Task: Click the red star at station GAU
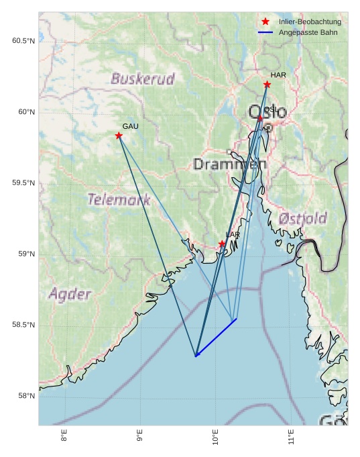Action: tap(119, 136)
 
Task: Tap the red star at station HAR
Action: tap(267, 85)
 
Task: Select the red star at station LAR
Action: tap(222, 244)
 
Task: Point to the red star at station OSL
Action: tap(260, 119)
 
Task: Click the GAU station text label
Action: tap(130, 126)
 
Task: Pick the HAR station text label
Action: tap(278, 74)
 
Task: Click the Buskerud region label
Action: tap(142, 79)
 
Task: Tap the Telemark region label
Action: tap(119, 199)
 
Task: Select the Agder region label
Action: tap(70, 294)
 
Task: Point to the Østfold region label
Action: tap(302, 218)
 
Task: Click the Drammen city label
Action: tap(230, 164)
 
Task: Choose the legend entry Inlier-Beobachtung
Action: tap(310, 22)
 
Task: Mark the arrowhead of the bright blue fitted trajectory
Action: tap(196, 356)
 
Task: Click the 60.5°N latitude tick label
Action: tap(23, 41)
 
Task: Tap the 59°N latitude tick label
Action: tap(25, 254)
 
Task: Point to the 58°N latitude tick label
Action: tap(25, 396)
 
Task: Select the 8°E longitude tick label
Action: tap(64, 437)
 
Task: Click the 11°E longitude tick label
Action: tap(290, 437)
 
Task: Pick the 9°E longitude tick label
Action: tap(139, 437)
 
